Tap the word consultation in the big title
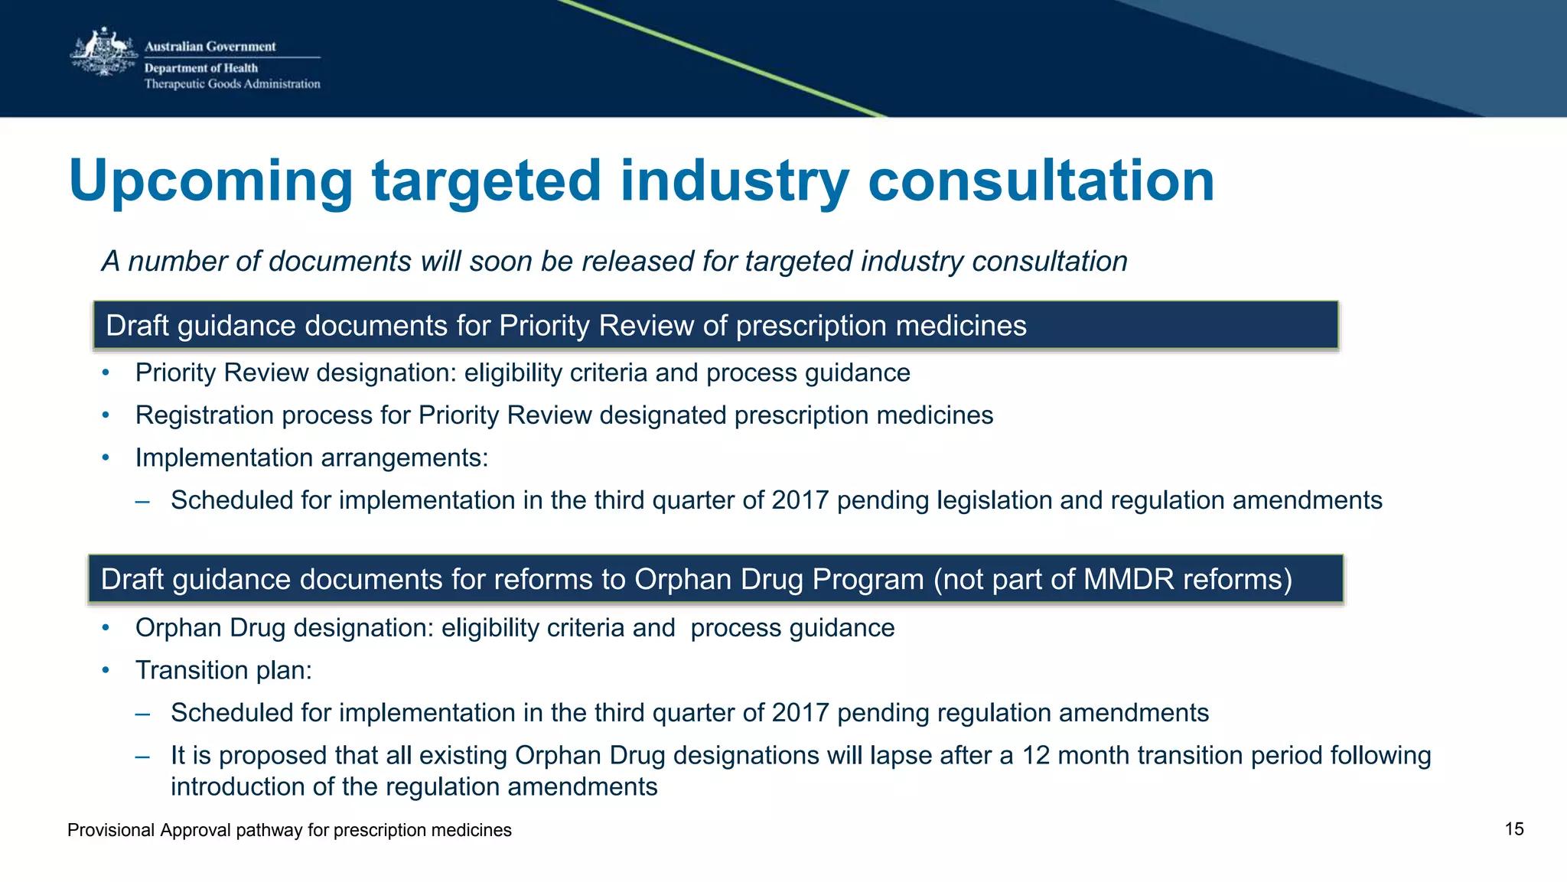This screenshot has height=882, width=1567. point(1041,181)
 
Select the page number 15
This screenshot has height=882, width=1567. point(1513,829)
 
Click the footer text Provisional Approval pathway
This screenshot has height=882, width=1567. point(289,830)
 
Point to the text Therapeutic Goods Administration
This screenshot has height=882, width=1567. point(232,84)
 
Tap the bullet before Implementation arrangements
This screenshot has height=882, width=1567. point(106,458)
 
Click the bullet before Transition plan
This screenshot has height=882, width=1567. point(106,671)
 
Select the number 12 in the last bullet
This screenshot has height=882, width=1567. point(1035,756)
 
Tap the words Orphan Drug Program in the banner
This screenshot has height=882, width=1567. point(779,580)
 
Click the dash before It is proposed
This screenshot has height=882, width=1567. point(142,756)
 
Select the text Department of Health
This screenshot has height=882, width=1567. point(200,68)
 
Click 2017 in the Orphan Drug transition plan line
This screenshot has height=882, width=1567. point(800,713)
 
